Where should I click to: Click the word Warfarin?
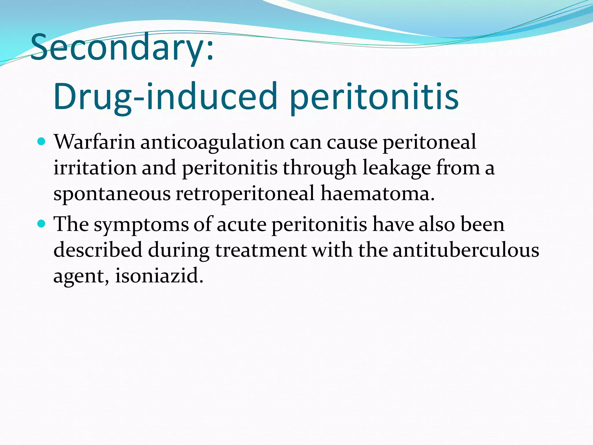click(x=95, y=142)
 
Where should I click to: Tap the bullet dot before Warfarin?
click(x=42, y=142)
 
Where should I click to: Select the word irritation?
click(x=95, y=168)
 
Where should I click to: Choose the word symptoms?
click(x=141, y=225)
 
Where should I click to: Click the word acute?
click(x=241, y=225)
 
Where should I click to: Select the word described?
click(x=98, y=250)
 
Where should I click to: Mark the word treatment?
click(x=261, y=250)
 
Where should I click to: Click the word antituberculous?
click(x=466, y=250)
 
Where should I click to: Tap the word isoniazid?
click(x=159, y=275)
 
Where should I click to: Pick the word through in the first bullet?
click(x=320, y=168)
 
